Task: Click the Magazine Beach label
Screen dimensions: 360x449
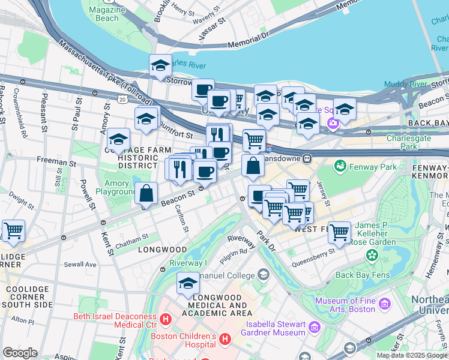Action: pyautogui.click(x=107, y=14)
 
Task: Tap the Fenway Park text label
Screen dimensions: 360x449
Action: pyautogui.click(x=374, y=167)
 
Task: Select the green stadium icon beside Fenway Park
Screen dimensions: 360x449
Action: pyautogui.click(x=340, y=164)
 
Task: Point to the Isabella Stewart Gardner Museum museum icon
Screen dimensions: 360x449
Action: pyautogui.click(x=315, y=328)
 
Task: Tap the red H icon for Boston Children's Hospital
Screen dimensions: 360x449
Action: pyautogui.click(x=225, y=340)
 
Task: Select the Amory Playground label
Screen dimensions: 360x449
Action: pyautogui.click(x=117, y=188)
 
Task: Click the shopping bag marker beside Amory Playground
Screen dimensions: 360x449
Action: pyautogui.click(x=146, y=194)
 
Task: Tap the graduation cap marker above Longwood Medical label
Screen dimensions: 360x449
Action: pyautogui.click(x=188, y=283)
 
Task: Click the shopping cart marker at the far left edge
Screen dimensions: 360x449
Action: pyautogui.click(x=13, y=230)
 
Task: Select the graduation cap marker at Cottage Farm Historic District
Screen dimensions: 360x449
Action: pyautogui.click(x=119, y=140)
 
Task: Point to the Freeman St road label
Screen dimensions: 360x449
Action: pyautogui.click(x=56, y=161)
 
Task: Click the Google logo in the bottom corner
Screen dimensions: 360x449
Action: pyautogui.click(x=20, y=353)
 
